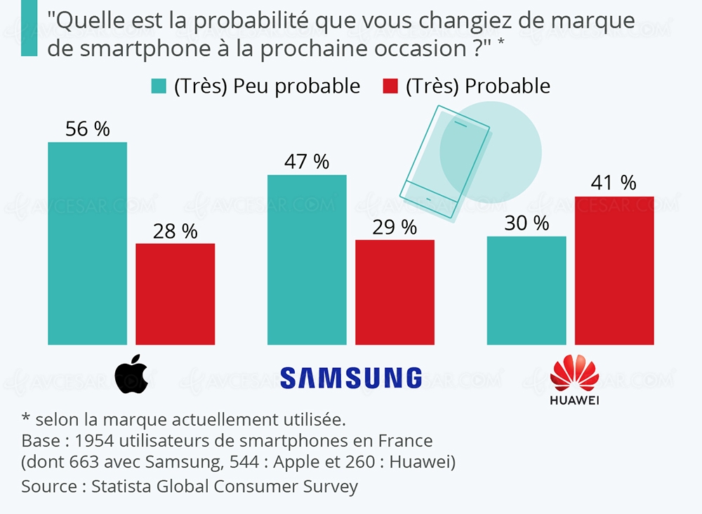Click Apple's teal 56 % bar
pyautogui.click(x=87, y=243)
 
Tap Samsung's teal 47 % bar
pyautogui.click(x=307, y=259)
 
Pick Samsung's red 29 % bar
pyautogui.click(x=395, y=292)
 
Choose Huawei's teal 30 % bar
pyautogui.click(x=526, y=290)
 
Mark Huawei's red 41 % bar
pyautogui.click(x=614, y=270)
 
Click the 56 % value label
pyautogui.click(x=87, y=129)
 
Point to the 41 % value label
pyautogui.click(x=614, y=183)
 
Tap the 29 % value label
pyautogui.click(x=395, y=227)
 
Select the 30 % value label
pyautogui.click(x=526, y=223)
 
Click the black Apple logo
pyautogui.click(x=131, y=374)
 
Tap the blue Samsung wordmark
pyautogui.click(x=351, y=378)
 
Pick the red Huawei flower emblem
pyautogui.click(x=574, y=374)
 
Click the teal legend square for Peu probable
pyautogui.click(x=159, y=86)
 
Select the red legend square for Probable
pyautogui.click(x=390, y=86)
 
